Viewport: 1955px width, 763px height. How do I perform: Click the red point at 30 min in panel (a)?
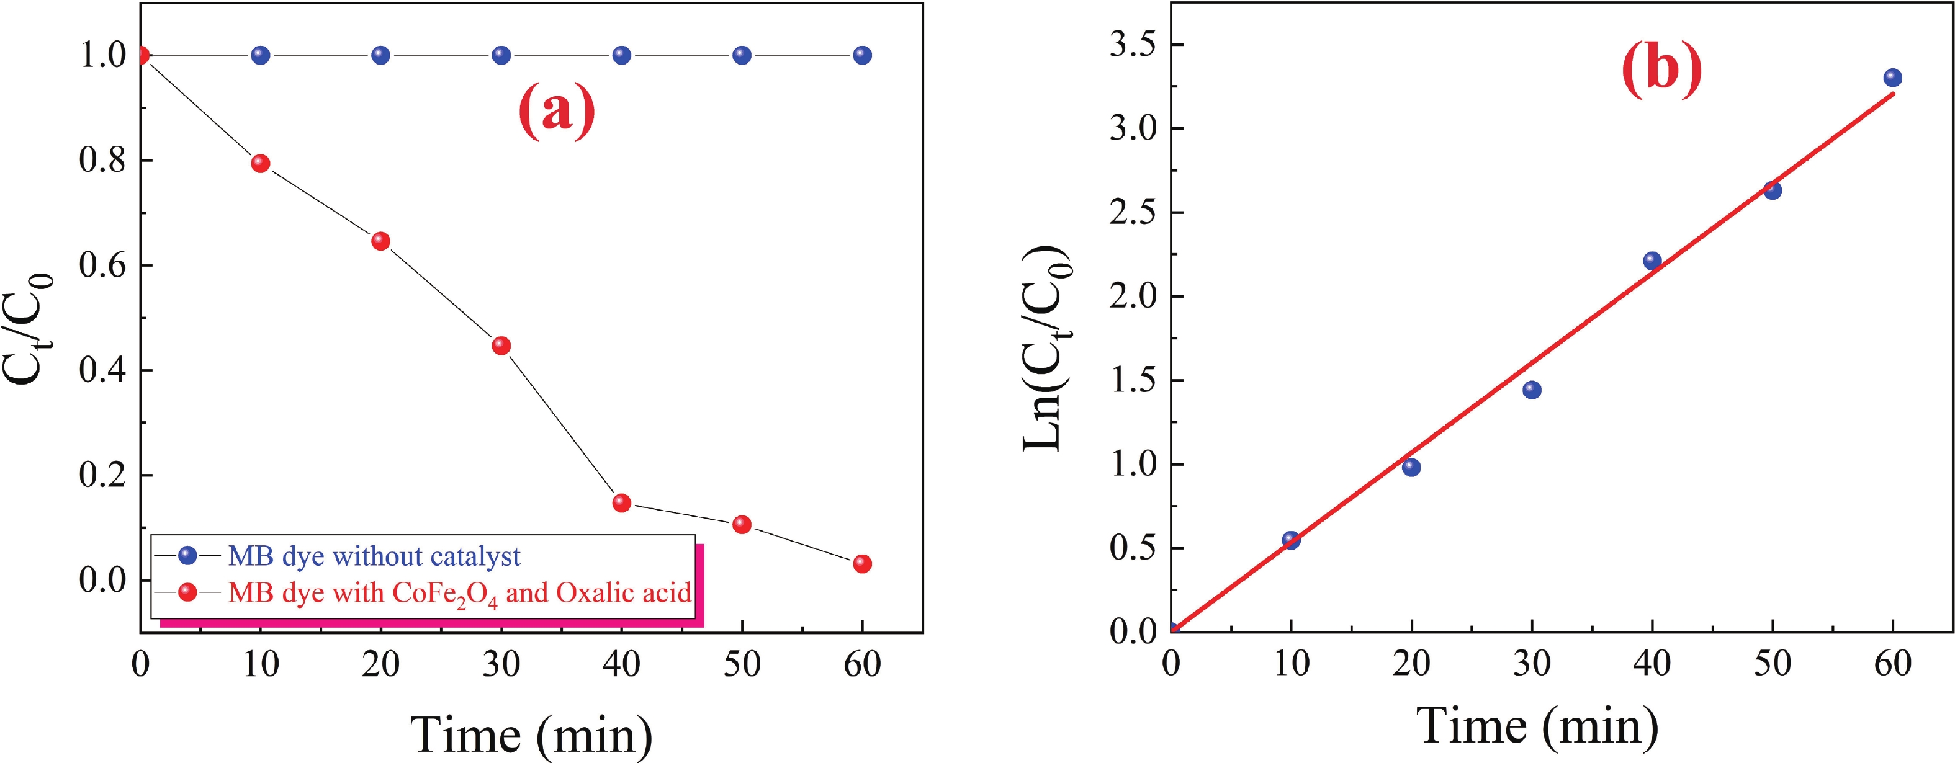click(501, 346)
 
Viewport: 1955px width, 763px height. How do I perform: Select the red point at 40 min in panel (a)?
click(621, 503)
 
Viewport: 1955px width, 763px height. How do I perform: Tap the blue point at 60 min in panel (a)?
click(862, 55)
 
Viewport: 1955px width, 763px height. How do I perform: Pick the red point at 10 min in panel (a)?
click(260, 164)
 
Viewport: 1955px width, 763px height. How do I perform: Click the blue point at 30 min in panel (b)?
click(1532, 390)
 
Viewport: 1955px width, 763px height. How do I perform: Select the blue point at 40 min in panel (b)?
click(1652, 261)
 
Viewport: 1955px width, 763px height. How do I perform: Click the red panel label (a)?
click(556, 112)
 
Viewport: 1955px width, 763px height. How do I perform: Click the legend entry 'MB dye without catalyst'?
click(374, 556)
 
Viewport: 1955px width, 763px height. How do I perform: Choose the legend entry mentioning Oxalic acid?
click(459, 593)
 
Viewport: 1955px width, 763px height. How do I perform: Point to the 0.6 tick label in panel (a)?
click(102, 265)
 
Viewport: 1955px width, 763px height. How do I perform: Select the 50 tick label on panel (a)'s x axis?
click(742, 664)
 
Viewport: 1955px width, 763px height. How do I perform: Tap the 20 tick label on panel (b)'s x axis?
click(1411, 664)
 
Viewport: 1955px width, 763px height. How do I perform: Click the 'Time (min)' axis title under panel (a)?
click(531, 734)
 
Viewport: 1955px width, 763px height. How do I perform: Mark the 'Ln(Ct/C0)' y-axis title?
click(1048, 349)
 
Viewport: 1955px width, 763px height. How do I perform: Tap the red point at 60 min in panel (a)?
click(862, 563)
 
